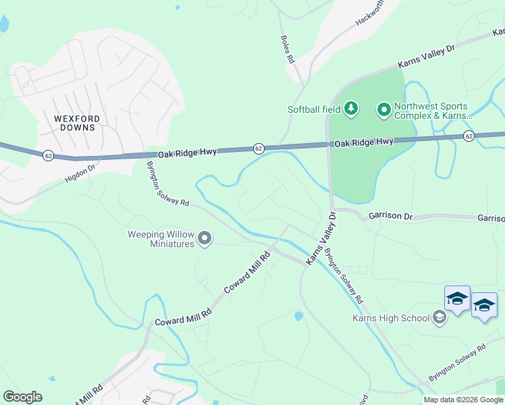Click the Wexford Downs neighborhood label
tap(77, 124)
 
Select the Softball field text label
tap(314, 109)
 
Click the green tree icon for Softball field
tap(350, 108)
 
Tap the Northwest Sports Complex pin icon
tap(383, 108)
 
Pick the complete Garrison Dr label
tap(390, 216)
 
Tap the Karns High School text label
tap(390, 318)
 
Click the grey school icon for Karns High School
tap(439, 317)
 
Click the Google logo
tap(22, 397)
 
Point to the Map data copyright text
tap(462, 400)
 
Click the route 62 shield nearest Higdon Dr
tap(47, 155)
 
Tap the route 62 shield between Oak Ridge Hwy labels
tap(258, 148)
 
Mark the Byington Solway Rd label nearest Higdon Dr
tap(168, 184)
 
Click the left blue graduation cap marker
tap(457, 299)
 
